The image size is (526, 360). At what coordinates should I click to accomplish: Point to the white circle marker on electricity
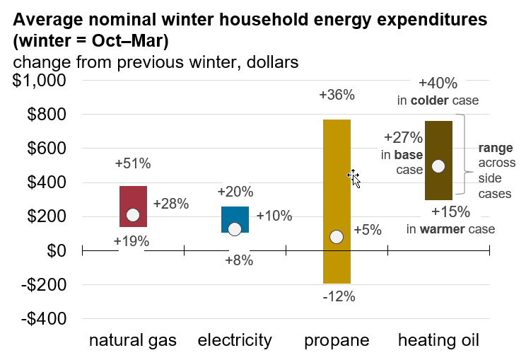tap(235, 228)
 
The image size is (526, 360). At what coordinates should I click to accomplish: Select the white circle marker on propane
tap(337, 237)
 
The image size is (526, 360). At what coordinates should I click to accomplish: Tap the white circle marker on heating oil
tap(438, 166)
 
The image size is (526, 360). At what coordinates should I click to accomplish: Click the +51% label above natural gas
tap(133, 164)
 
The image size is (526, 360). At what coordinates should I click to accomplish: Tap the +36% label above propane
tap(337, 95)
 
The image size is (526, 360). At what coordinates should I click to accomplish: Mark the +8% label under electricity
tap(239, 260)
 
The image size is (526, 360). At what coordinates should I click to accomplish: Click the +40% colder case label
tap(438, 83)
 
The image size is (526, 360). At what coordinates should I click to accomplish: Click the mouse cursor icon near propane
tap(354, 178)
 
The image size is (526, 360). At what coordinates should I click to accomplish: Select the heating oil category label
tap(438, 341)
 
